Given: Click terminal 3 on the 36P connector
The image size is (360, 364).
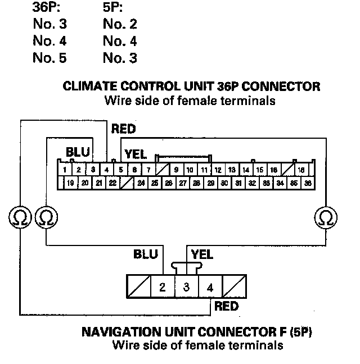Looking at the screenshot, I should point(93,170).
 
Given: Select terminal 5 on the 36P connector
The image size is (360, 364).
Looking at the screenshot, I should point(120,170).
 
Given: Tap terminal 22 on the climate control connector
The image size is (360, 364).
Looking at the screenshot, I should point(112,183).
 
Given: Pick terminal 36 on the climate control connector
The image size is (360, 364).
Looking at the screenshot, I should point(307,183).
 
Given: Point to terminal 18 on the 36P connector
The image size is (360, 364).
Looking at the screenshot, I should point(301,170).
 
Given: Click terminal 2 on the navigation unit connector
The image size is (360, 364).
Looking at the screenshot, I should point(162,288).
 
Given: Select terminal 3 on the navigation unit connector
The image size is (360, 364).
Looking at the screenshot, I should point(186,288).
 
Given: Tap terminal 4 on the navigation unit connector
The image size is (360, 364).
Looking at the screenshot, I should point(210,288).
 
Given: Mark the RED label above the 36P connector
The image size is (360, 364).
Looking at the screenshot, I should point(124,129).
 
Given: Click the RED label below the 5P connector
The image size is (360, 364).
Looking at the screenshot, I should point(226,306).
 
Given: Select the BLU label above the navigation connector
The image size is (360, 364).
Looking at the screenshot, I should point(146,254).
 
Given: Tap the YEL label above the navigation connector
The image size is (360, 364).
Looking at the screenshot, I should point(202,254).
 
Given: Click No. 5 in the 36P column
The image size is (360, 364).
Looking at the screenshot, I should point(49,58).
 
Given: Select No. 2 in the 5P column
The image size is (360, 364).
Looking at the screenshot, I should point(120,24).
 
